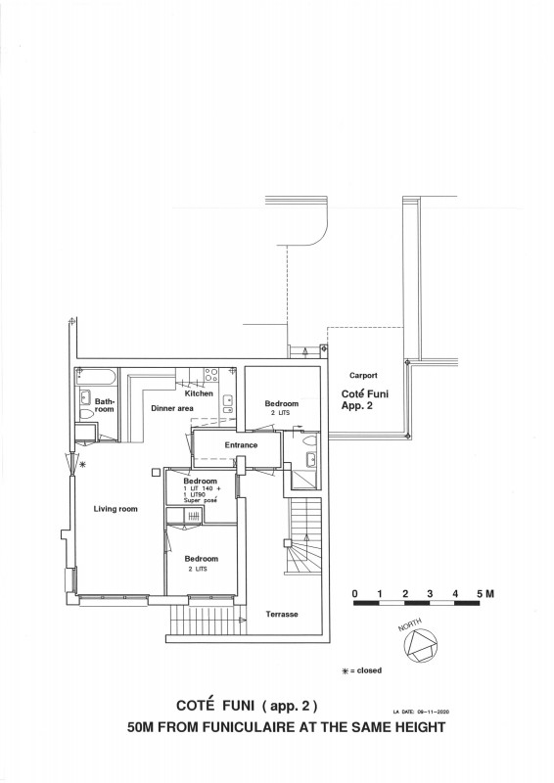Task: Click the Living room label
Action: pyautogui.click(x=115, y=509)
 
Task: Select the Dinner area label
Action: pyautogui.click(x=172, y=408)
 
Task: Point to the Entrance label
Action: pyautogui.click(x=241, y=445)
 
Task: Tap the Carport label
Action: pyautogui.click(x=363, y=375)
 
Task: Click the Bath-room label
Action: pyautogui.click(x=104, y=405)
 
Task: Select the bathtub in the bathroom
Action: pyautogui.click(x=97, y=377)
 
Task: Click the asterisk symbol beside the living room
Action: pyautogui.click(x=82, y=466)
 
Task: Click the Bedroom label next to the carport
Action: pyautogui.click(x=281, y=403)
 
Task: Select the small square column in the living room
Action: pyautogui.click(x=155, y=474)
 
